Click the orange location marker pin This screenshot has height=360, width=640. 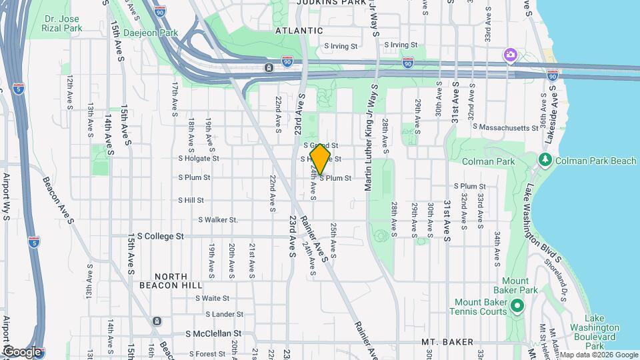321,159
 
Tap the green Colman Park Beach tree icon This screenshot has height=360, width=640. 545,160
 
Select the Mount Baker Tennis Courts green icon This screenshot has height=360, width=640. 517,307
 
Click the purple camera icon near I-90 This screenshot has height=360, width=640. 511,54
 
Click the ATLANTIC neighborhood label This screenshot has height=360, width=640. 299,31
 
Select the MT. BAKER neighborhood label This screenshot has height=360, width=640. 447,342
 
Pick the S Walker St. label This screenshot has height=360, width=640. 218,219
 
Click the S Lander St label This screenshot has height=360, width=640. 225,314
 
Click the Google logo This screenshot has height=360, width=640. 21,351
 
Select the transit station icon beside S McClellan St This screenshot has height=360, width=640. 157,321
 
